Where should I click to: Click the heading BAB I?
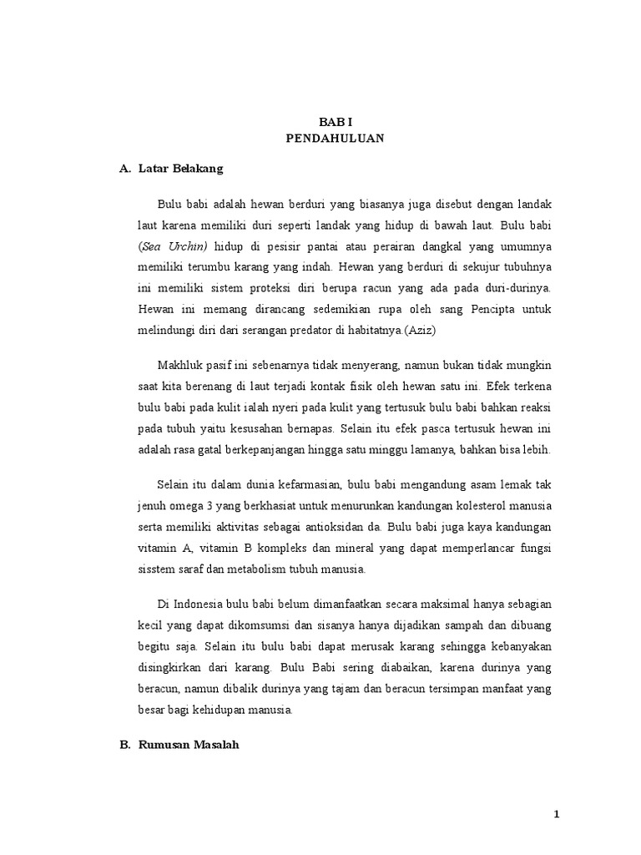335,122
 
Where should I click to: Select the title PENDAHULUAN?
335,139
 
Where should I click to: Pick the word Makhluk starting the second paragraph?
181,367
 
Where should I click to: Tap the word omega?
189,507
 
